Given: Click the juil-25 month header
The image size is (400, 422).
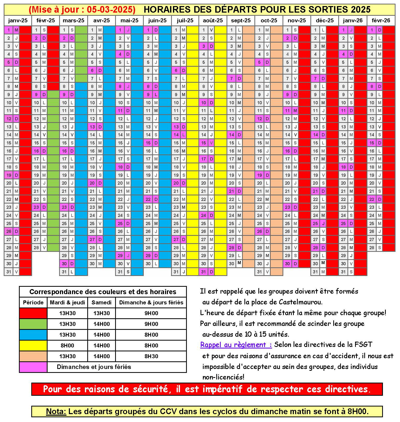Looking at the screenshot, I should [x=185, y=20].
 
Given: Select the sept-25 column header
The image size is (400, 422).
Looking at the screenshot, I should [x=241, y=20].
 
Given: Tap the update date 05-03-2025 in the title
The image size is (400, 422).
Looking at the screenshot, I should [x=110, y=9].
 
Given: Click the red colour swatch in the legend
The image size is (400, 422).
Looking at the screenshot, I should [x=33, y=313].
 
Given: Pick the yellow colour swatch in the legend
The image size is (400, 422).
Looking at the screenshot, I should [x=33, y=345].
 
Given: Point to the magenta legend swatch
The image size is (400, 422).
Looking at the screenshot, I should [x=33, y=367].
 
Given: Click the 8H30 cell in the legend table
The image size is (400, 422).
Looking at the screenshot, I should [x=151, y=356].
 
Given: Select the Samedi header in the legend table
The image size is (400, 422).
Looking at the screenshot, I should [x=101, y=302].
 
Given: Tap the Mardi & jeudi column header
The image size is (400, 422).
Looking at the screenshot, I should [x=67, y=302].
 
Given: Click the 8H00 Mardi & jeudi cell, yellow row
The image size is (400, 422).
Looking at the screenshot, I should [x=67, y=345].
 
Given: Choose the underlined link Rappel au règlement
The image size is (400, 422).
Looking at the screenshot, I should [x=236, y=345].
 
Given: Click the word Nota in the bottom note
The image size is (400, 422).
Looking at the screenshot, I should [x=56, y=411].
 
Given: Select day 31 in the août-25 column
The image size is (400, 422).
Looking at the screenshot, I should [x=203, y=272].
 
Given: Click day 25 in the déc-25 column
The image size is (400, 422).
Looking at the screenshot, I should [x=315, y=223].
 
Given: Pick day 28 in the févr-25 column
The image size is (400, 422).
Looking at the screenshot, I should [x=36, y=248].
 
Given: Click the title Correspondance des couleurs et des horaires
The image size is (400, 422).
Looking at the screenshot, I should [x=103, y=292].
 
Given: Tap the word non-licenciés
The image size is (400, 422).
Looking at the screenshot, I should [x=223, y=377].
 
